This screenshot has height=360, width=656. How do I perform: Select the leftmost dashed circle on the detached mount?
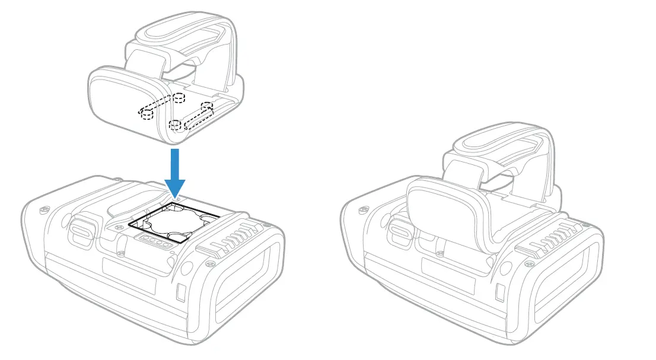point(146,114)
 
